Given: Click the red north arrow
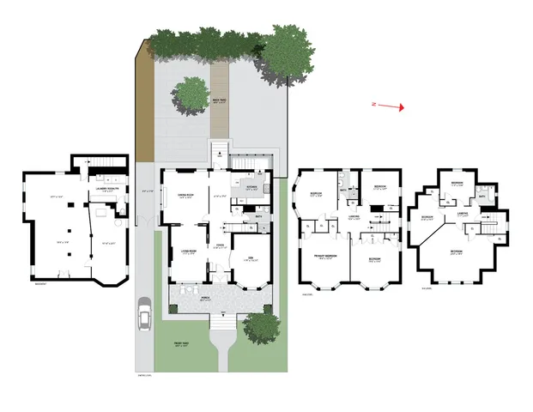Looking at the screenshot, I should pyautogui.click(x=391, y=106).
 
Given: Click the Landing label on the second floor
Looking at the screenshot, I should pyautogui.click(x=354, y=217).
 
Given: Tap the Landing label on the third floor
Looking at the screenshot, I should pyautogui.click(x=462, y=214).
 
